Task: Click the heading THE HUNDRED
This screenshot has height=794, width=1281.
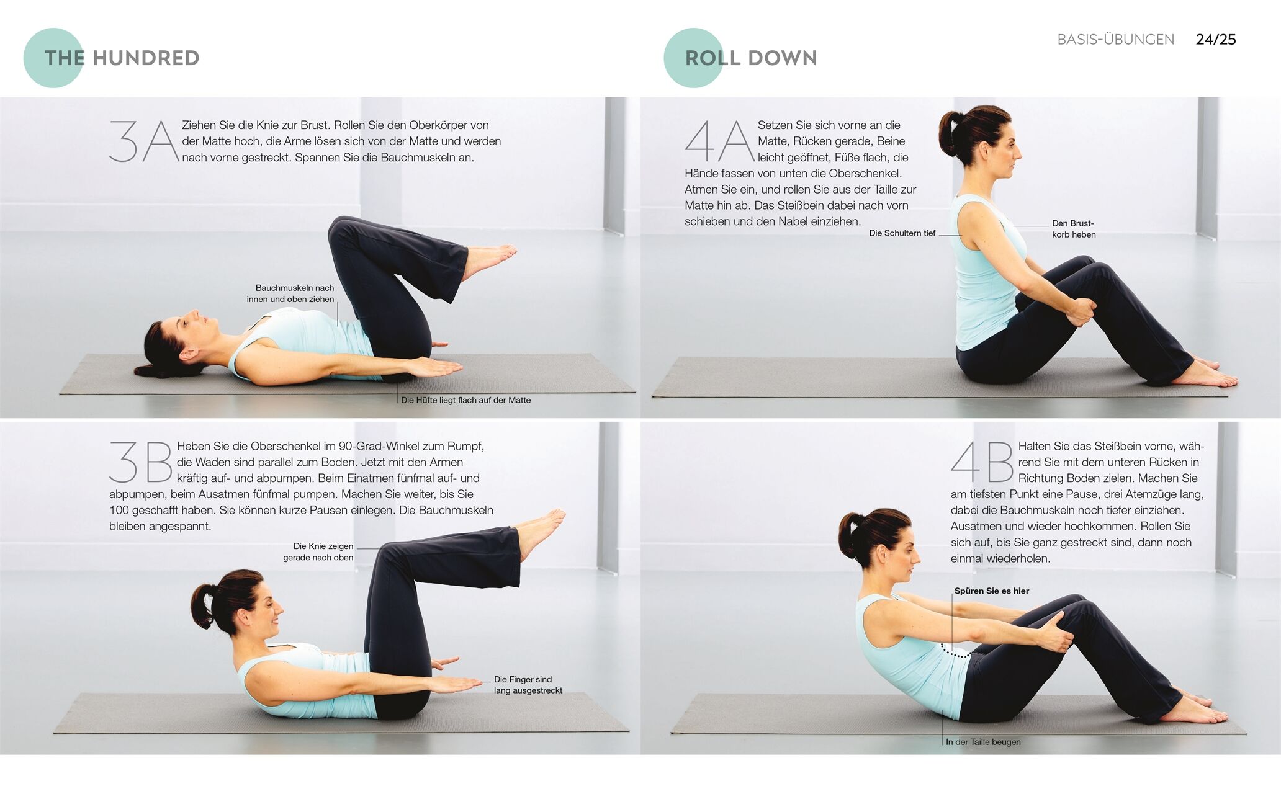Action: [122, 58]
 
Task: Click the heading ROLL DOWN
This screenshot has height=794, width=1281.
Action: [751, 58]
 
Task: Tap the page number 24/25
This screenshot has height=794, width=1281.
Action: [1216, 39]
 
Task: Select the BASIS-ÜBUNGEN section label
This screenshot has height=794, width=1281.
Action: [1116, 39]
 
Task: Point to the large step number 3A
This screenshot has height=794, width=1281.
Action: [144, 142]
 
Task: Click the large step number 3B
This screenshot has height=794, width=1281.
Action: [141, 462]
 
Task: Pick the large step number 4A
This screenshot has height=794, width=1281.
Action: [720, 141]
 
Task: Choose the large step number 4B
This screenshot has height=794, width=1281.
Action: [982, 462]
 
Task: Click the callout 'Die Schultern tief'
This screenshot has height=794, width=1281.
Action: [902, 233]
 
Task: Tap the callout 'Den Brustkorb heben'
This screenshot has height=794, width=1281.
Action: [1074, 229]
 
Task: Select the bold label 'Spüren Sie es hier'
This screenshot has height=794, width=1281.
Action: [992, 591]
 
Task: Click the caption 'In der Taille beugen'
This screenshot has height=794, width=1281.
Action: [983, 742]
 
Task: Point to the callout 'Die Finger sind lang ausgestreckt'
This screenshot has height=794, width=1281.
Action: [528, 685]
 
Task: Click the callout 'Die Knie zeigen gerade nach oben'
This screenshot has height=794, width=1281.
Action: [318, 551]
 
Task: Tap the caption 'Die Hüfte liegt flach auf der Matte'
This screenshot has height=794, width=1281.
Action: [465, 400]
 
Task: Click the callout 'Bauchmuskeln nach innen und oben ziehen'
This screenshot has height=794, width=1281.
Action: [290, 293]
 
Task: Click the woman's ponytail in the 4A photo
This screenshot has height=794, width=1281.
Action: [949, 133]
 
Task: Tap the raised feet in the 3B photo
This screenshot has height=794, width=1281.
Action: [541, 531]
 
